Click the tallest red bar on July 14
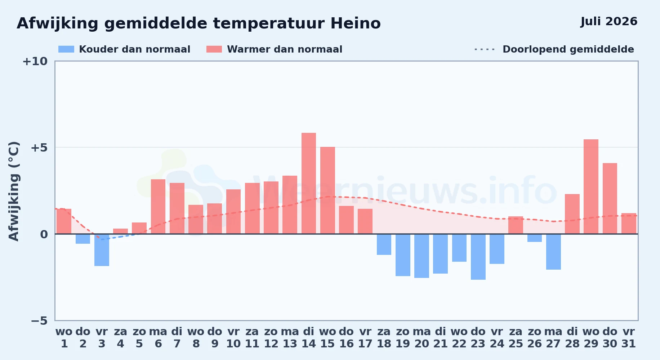point(309,183)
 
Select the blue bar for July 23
point(478,257)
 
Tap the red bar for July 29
point(591,186)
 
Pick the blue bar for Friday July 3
point(102,250)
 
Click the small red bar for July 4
point(120,231)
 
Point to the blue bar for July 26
point(535,238)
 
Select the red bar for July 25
point(516,225)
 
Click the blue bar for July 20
point(422,256)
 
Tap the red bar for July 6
point(158,207)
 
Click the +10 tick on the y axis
point(35,61)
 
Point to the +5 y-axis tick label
point(39,148)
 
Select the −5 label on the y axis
point(39,321)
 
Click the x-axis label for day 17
point(365,337)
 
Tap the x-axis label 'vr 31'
point(629,337)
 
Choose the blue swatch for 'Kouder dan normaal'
point(66,49)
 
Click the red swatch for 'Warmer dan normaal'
point(214,49)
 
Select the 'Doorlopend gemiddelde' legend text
point(568,49)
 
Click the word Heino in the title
point(356,23)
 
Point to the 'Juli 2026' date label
point(609,21)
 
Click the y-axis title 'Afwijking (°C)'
point(14,191)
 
